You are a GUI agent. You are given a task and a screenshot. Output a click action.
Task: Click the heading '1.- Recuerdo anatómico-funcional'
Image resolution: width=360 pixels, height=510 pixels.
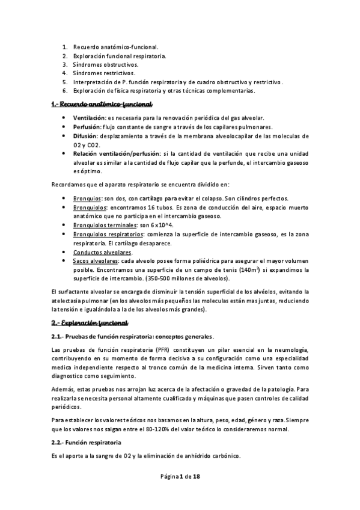pyautogui.click(x=101, y=104)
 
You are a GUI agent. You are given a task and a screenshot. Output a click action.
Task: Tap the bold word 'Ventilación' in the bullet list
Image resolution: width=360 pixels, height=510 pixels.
pyautogui.click(x=89, y=118)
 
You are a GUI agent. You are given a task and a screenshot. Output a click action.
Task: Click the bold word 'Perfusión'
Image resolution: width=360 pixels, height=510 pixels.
pyautogui.click(x=87, y=127)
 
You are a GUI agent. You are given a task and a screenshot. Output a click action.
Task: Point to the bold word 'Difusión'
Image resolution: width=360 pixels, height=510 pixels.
pyautogui.click(x=85, y=136)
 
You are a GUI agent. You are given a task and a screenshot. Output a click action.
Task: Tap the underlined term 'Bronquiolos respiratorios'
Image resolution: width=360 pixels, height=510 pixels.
pyautogui.click(x=108, y=234)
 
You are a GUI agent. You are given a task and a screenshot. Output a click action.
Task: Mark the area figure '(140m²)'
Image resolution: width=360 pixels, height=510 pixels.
pyautogui.click(x=251, y=271)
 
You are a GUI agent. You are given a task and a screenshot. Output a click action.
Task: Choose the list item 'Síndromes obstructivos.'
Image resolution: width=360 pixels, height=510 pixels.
pyautogui.click(x=105, y=64)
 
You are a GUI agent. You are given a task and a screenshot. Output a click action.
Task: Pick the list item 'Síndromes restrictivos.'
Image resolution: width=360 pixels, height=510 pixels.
pyautogui.click(x=104, y=73)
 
